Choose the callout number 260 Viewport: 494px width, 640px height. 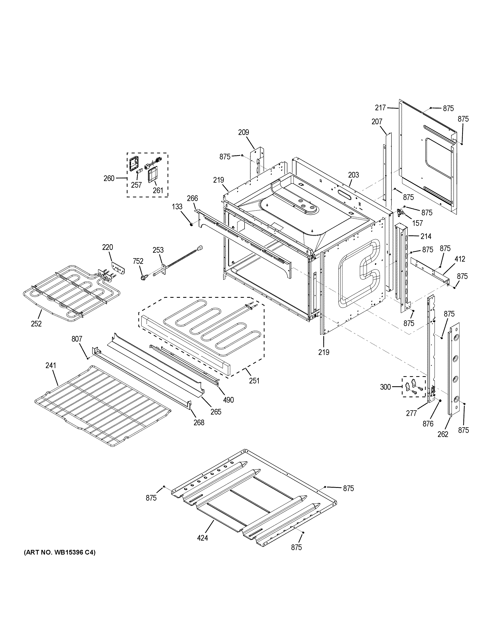click(x=109, y=178)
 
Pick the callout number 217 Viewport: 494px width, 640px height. click(x=380, y=108)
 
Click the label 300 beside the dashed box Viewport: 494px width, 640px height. click(x=385, y=387)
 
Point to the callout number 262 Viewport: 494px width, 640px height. click(x=443, y=434)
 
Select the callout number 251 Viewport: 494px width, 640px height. click(x=254, y=381)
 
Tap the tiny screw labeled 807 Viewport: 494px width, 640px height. click(x=88, y=358)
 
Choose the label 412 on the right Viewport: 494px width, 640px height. click(x=460, y=259)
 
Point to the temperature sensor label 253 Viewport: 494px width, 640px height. click(x=158, y=250)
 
